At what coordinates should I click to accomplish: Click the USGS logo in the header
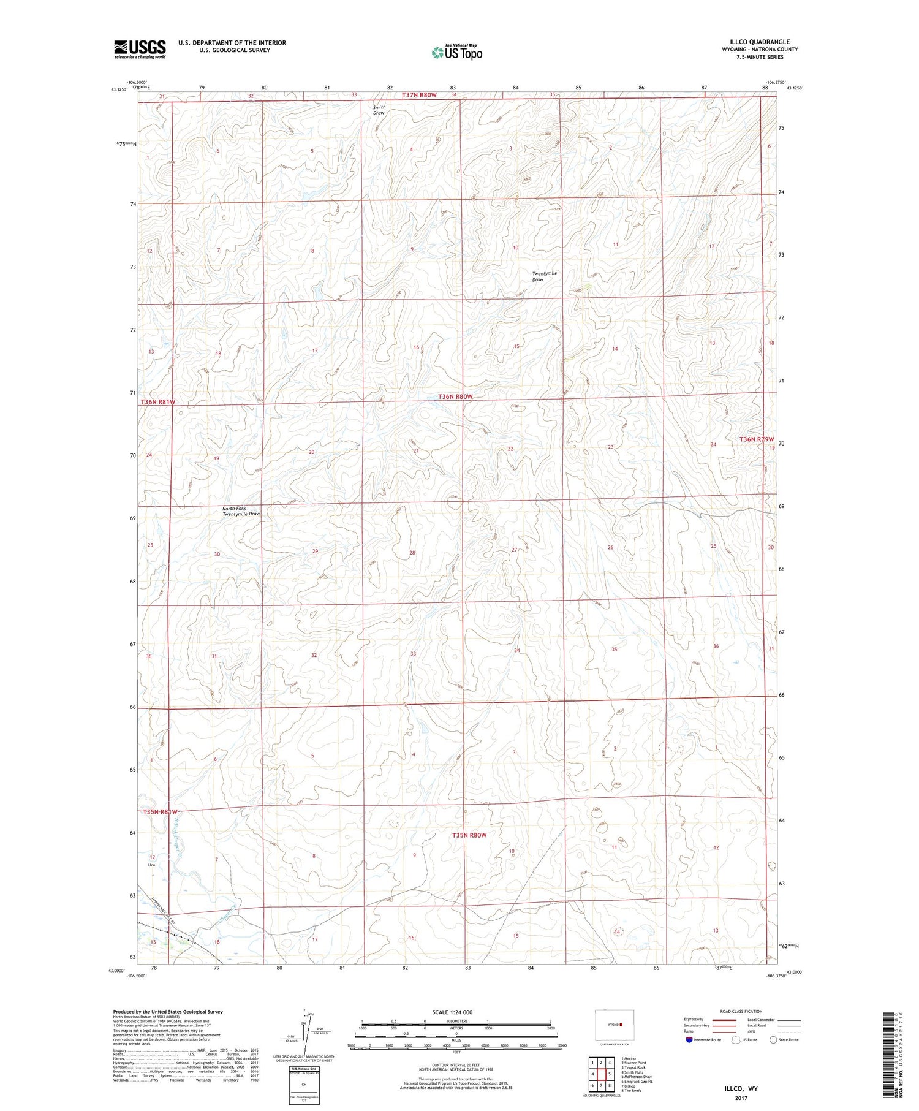(x=140, y=49)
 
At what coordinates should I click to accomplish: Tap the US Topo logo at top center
(x=456, y=53)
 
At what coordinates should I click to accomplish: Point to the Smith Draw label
(x=379, y=110)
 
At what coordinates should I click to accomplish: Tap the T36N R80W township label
(x=455, y=396)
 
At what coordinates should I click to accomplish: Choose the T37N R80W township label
(x=419, y=95)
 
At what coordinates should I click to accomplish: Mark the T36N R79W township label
(x=756, y=439)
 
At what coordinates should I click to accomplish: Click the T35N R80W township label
(x=469, y=835)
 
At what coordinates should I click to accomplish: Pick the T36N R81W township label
(x=158, y=402)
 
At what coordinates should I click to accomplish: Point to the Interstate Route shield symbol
(x=689, y=1040)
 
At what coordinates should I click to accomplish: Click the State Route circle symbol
(x=773, y=1040)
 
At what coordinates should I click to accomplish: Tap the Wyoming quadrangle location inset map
(x=615, y=1025)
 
